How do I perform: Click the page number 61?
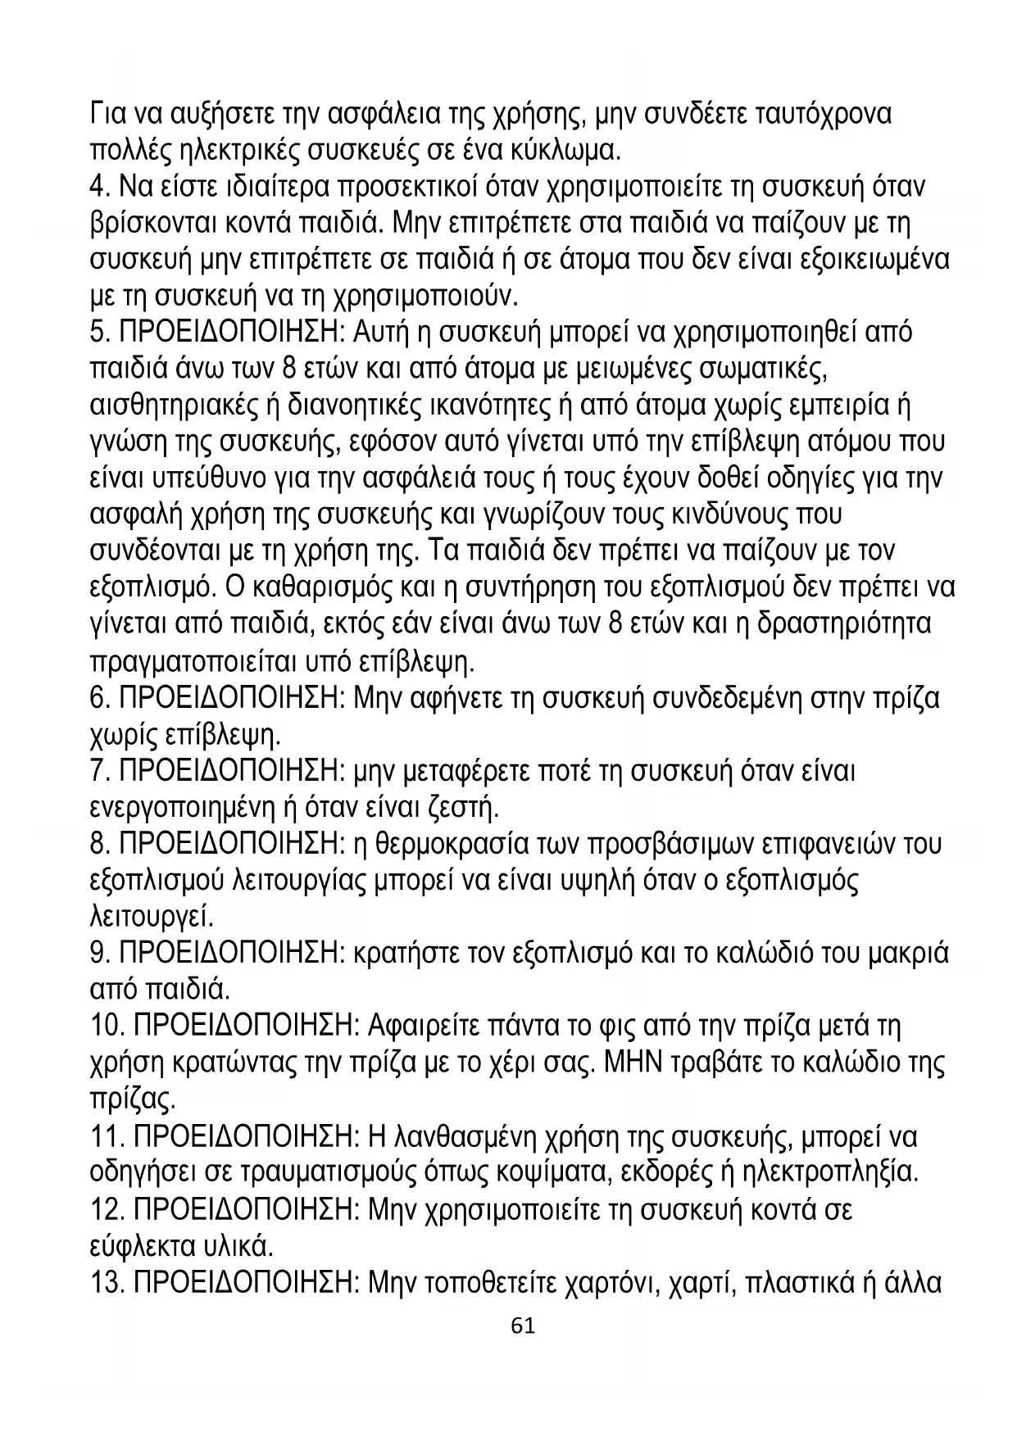click(522, 1326)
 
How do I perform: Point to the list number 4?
click(100, 187)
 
